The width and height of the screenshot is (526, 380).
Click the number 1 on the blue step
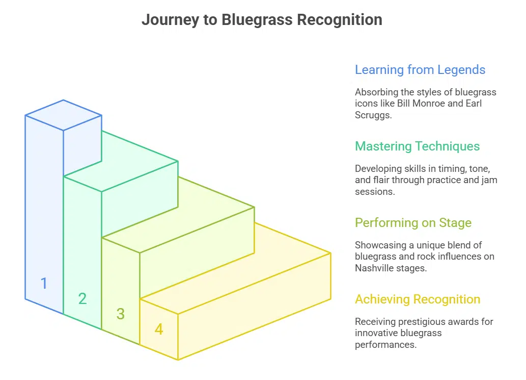point(44,283)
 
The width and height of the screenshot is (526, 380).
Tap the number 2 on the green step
point(82,298)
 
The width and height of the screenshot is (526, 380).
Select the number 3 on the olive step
point(120,314)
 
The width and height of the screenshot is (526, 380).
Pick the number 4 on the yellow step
point(159,330)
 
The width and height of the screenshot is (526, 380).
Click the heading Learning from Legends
point(420,70)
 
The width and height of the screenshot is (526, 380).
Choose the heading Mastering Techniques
point(417,146)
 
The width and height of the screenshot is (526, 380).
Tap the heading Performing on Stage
point(413,223)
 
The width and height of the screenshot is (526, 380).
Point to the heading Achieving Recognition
point(417,299)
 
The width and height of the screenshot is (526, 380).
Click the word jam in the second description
point(490,180)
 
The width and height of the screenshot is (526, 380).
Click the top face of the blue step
point(63,115)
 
